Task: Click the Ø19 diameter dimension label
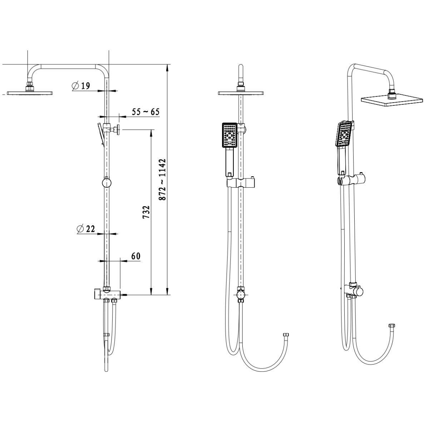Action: tap(80, 86)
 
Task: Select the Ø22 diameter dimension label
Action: tap(86, 229)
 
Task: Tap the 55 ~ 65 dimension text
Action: tap(146, 112)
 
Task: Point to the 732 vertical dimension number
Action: tap(146, 212)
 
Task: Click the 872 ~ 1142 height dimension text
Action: tap(163, 180)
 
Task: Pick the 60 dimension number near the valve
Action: tap(136, 256)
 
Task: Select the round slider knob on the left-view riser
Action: tap(107, 183)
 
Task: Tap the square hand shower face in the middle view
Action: tap(230, 135)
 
